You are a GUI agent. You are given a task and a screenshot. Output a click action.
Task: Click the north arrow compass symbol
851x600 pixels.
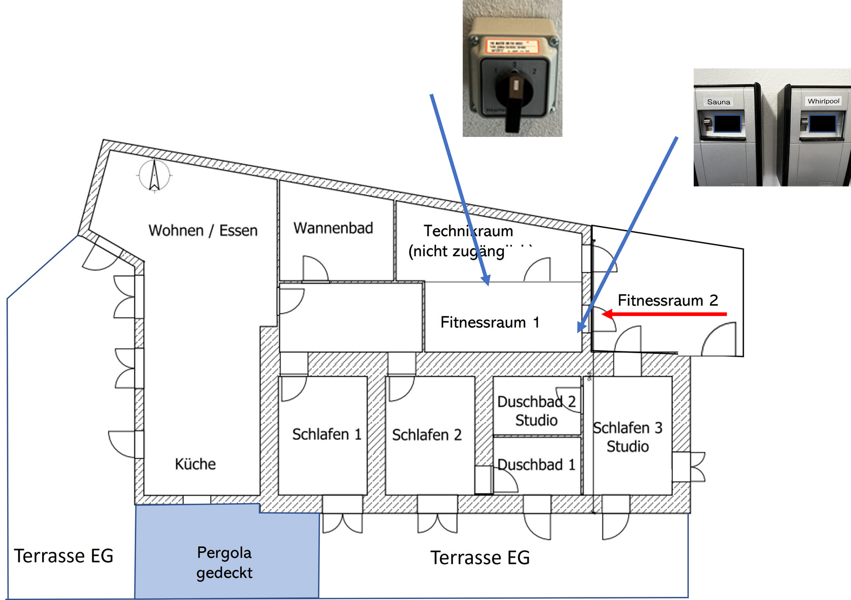[154, 175]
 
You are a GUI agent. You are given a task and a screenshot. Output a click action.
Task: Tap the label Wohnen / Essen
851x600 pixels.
[203, 230]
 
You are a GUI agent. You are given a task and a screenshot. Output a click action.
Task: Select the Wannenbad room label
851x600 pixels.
[333, 228]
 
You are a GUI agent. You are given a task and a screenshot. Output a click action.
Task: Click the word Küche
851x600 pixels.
[195, 464]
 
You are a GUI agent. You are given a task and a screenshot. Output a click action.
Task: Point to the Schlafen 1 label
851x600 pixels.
[327, 434]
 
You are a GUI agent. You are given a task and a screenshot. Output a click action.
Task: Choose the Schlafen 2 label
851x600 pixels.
[426, 435]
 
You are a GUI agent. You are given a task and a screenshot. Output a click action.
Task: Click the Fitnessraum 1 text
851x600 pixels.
[490, 322]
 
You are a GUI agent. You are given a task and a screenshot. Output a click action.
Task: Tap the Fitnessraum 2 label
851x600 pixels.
[668, 300]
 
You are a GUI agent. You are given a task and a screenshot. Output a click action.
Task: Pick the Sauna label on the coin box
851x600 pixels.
[718, 102]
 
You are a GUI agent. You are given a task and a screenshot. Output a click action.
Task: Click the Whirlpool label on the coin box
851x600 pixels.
[823, 101]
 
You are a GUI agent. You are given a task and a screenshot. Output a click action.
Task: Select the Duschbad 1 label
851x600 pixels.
[536, 464]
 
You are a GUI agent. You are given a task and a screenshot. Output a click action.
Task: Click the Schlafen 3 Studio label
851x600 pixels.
[628, 437]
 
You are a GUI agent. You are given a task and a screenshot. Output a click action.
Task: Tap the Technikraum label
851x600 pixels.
[468, 231]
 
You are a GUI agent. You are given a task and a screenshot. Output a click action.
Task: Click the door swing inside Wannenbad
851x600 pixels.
[315, 269]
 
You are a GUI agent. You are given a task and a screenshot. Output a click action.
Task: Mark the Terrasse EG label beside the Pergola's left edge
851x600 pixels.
[64, 556]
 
